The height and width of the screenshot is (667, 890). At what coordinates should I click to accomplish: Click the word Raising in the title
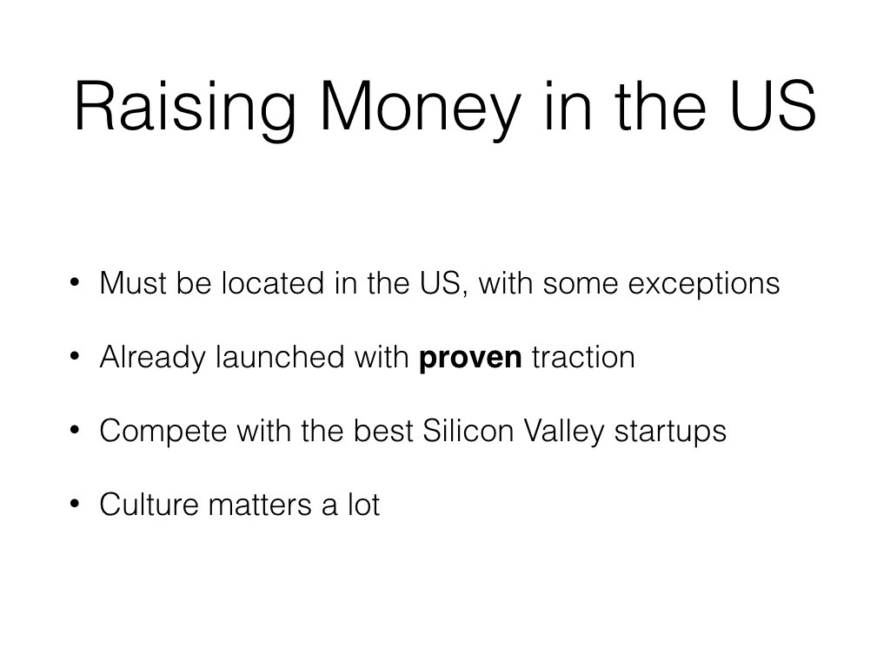coord(185,108)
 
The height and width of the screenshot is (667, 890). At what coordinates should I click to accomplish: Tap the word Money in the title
coord(421,108)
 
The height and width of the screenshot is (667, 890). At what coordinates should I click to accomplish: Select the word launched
coord(281,357)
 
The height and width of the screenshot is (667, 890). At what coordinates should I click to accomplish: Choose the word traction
coord(583,357)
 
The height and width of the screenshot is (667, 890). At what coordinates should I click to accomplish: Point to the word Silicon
coord(468,431)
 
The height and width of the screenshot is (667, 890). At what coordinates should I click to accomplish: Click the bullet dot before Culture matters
coord(75,504)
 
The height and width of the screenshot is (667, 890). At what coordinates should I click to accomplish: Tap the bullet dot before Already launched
coord(75,356)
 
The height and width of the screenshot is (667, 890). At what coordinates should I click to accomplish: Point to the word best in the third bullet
coord(383,431)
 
